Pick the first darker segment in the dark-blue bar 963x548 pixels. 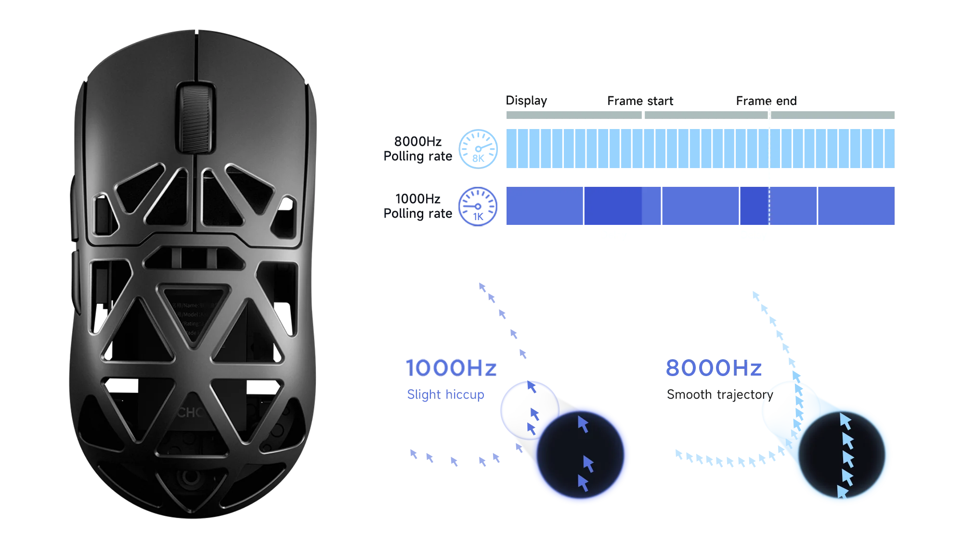pyautogui.click(x=612, y=206)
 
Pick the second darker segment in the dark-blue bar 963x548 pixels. pyautogui.click(x=754, y=206)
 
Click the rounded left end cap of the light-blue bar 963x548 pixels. pyautogui.click(x=477, y=148)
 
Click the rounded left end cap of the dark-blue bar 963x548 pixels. pyautogui.click(x=477, y=206)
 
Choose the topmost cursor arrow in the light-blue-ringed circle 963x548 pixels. pyautogui.click(x=845, y=420)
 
